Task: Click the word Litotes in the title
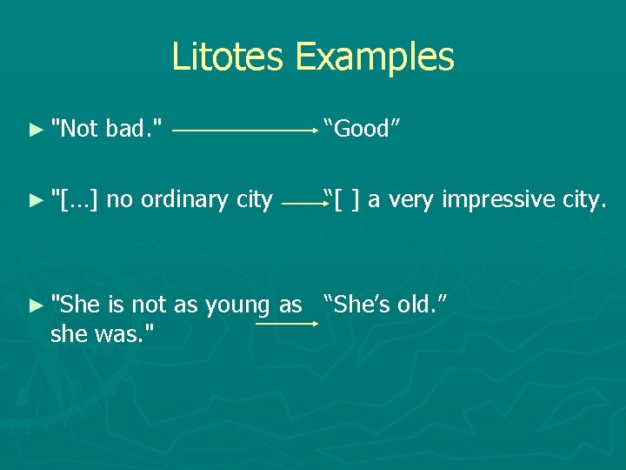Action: point(229,57)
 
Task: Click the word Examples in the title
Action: point(374,57)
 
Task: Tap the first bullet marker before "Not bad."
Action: point(35,130)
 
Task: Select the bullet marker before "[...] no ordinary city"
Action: point(35,200)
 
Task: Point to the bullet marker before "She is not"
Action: point(35,305)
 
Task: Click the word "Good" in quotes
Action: point(362,129)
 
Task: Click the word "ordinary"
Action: point(183,200)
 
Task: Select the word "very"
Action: point(412,200)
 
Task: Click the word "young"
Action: point(237,305)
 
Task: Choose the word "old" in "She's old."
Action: point(419,305)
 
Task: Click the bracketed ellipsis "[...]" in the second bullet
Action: point(76,200)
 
